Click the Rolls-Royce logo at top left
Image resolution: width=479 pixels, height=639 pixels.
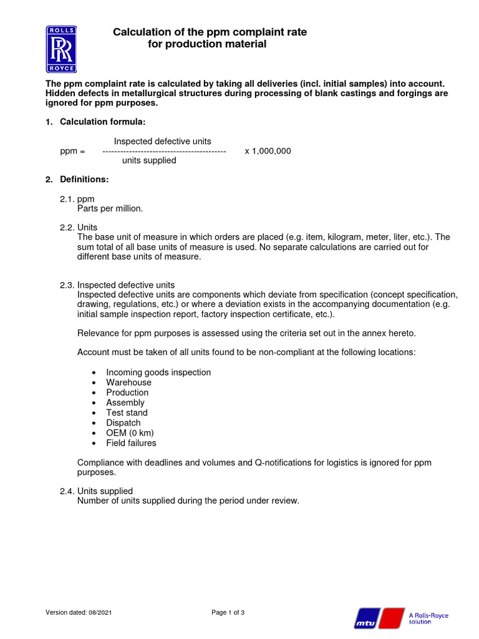61,49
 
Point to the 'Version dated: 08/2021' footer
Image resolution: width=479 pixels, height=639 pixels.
79,612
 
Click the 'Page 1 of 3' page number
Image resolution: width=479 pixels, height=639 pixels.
228,612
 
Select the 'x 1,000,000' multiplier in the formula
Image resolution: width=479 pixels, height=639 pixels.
268,151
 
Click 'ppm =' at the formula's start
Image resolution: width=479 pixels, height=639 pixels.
72,151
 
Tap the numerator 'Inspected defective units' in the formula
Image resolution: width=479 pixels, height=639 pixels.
162,142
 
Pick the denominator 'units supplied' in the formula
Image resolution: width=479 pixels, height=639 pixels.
149,160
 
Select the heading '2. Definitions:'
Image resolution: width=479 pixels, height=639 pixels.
77,179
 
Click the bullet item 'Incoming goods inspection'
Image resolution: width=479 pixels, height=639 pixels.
158,372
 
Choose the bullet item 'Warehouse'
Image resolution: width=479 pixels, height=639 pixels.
128,382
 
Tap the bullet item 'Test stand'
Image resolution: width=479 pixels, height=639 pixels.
127,412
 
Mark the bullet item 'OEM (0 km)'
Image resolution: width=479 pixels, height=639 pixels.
130,432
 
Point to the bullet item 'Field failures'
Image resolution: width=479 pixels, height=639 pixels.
131,443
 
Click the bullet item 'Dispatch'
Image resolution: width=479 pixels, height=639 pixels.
123,422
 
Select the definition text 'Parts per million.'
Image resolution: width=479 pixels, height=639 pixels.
110,208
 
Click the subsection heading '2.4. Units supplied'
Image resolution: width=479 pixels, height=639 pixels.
96,491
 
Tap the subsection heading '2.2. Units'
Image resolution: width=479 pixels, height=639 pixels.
79,227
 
